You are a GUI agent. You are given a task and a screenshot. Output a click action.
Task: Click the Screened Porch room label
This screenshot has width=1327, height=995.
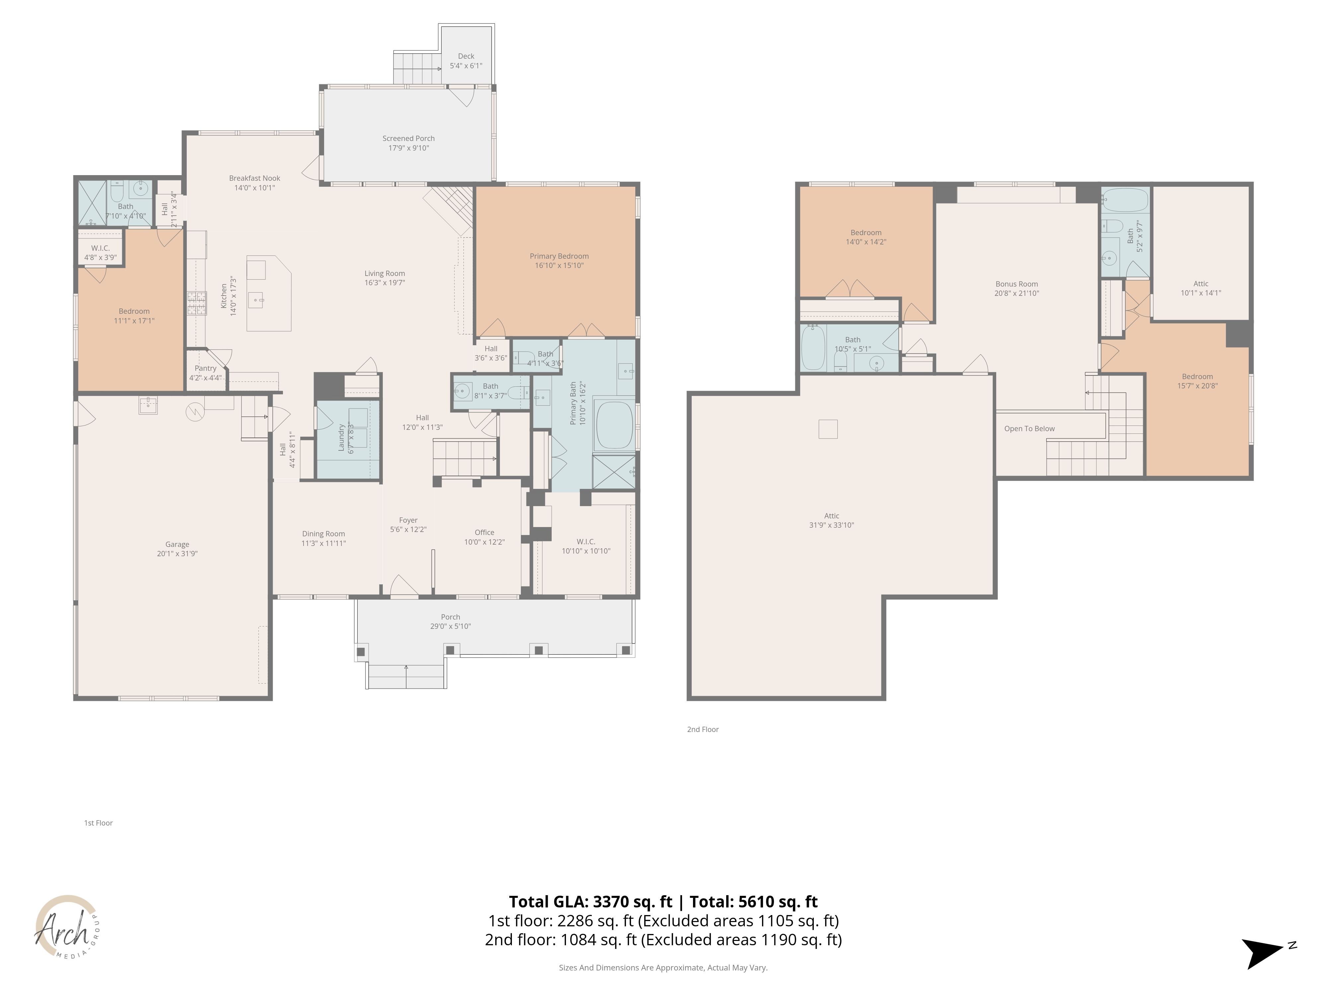(408, 139)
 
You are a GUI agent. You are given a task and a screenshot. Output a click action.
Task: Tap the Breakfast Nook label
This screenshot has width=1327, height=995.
(254, 178)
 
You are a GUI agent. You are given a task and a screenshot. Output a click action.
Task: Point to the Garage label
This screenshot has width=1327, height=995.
(177, 545)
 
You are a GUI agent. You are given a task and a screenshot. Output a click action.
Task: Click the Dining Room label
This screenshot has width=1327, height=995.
(323, 534)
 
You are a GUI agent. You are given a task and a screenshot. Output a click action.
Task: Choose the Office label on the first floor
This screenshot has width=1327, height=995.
(484, 533)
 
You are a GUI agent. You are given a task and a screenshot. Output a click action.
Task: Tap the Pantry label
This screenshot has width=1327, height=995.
(205, 368)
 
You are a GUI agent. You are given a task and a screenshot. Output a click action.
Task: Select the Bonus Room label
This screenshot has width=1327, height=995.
(1016, 284)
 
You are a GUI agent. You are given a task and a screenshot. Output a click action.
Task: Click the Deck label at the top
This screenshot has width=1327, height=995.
(466, 56)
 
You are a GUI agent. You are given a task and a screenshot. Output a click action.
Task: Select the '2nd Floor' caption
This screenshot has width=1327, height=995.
(703, 729)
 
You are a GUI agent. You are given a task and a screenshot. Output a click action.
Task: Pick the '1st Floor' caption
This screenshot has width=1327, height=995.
(99, 823)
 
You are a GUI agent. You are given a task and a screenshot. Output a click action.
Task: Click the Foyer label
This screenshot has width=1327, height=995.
(408, 521)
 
